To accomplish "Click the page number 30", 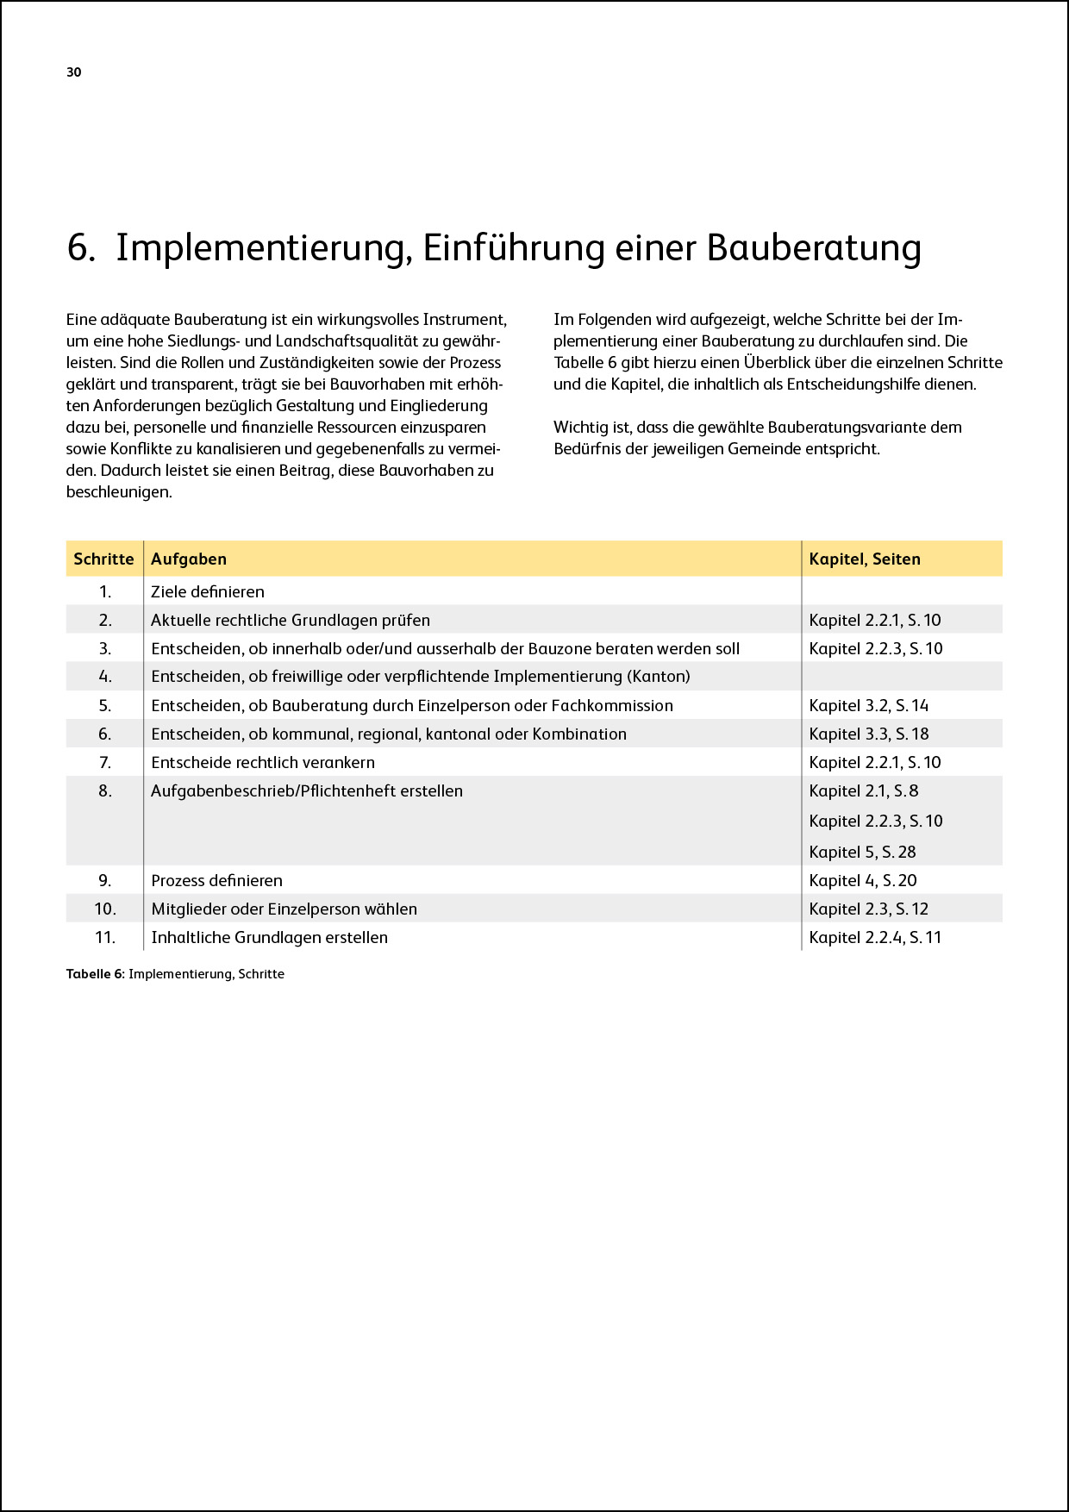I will click(x=74, y=72).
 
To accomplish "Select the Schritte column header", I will click(x=103, y=559).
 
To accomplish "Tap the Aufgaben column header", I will click(x=189, y=559).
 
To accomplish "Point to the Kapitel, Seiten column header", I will click(x=865, y=559).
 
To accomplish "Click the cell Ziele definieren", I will click(x=208, y=591).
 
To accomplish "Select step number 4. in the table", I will click(x=105, y=677).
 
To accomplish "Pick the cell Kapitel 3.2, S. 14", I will click(x=869, y=705).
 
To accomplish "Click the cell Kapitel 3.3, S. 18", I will click(x=869, y=734).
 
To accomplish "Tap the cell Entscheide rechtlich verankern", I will click(x=263, y=762).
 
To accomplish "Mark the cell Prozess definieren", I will click(x=217, y=880).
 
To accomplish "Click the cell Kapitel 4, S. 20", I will click(x=863, y=880).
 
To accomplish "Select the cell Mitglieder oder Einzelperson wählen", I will click(x=284, y=909).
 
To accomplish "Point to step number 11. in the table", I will click(x=105, y=937).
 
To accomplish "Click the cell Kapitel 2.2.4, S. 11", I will click(x=875, y=937).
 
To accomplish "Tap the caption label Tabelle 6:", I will click(x=96, y=974).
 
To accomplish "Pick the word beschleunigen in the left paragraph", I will click(x=118, y=492).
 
